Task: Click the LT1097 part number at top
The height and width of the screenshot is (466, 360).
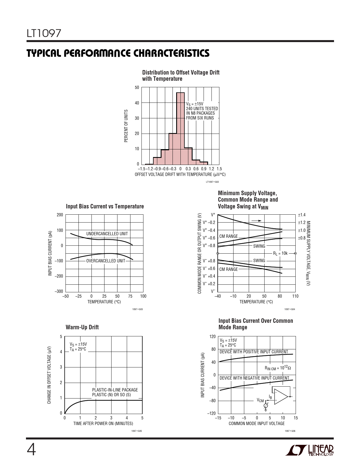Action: click(44, 34)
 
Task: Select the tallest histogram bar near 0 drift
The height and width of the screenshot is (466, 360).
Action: click(180, 129)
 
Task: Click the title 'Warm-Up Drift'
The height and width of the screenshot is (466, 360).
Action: click(82, 327)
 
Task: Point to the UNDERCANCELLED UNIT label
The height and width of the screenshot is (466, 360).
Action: click(107, 234)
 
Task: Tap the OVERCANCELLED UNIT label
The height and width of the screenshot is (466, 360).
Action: click(106, 261)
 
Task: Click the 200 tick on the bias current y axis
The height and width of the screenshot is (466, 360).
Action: click(60, 215)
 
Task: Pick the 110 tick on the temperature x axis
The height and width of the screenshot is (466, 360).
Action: click(295, 296)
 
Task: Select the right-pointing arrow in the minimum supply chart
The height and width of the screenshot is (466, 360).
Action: click(257, 221)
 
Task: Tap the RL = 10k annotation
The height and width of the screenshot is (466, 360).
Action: click(280, 253)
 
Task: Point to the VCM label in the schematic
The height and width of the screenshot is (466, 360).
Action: click(260, 400)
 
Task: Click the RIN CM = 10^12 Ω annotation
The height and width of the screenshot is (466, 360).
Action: click(278, 368)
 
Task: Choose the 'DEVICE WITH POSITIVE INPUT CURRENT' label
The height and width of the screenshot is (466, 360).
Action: click(254, 352)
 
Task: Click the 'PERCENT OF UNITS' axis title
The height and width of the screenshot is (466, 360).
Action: click(126, 126)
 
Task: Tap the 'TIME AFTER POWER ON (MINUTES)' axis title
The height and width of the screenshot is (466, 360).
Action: click(103, 424)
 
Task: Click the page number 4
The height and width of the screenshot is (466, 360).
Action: click(31, 450)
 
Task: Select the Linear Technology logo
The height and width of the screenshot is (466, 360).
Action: click(309, 450)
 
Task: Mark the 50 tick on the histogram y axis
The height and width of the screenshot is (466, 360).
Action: click(137, 88)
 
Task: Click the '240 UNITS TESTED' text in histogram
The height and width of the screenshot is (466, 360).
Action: click(202, 109)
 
